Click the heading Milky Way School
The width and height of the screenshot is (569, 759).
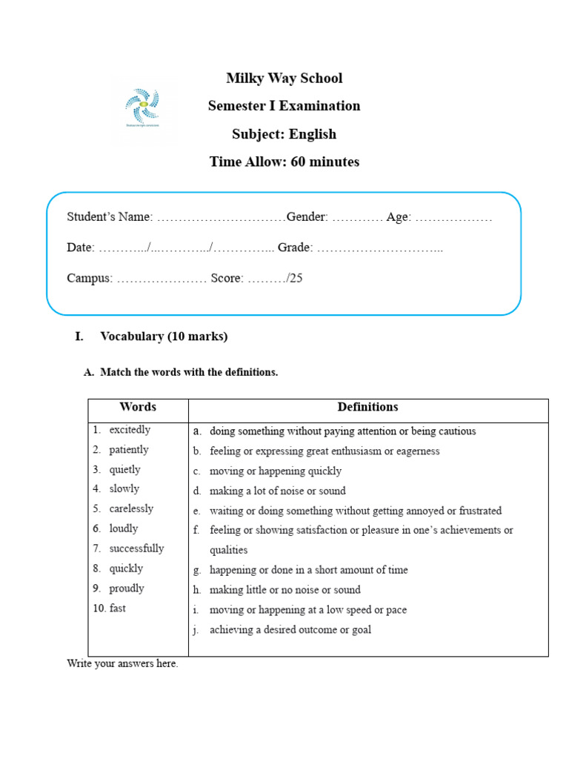coord(284,79)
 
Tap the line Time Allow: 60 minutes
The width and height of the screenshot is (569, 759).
coord(284,162)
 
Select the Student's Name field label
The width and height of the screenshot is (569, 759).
coord(110,217)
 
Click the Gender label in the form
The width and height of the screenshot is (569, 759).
coord(307,217)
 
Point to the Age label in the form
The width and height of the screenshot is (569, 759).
coord(397,217)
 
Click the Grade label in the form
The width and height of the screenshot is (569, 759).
coord(295,248)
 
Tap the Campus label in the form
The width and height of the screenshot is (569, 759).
coord(90,279)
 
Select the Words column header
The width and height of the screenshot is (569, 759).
coord(138,407)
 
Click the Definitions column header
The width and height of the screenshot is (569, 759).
coord(367,407)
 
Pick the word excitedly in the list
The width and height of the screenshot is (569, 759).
coord(130,430)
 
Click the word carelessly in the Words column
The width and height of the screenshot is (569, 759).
coord(131,509)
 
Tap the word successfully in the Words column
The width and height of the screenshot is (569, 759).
coord(136,548)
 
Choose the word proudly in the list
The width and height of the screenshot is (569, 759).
coord(127,589)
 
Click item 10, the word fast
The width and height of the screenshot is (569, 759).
coord(117,609)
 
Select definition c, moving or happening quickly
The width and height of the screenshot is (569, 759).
coord(275,471)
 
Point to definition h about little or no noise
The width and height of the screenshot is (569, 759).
coord(284,590)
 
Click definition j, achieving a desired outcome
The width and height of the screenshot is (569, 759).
coord(290,630)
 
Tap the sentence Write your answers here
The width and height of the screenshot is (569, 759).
coord(122,664)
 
